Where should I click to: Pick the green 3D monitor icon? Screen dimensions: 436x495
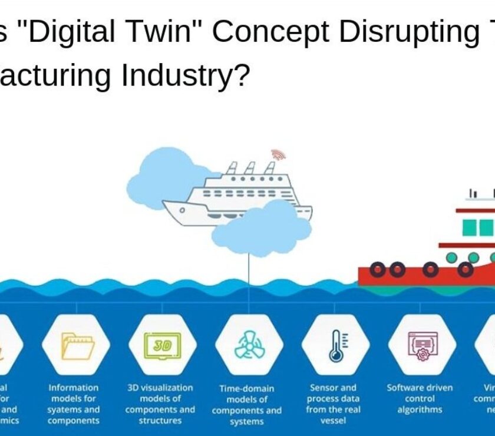tap(162, 345)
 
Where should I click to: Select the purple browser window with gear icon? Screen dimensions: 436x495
tap(421, 345)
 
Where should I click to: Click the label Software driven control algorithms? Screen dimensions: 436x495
tap(420, 398)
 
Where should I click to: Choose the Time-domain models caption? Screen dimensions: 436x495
tap(246, 405)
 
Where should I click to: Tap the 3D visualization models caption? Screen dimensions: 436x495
tap(160, 404)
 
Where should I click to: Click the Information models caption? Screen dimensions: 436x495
tap(74, 404)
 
